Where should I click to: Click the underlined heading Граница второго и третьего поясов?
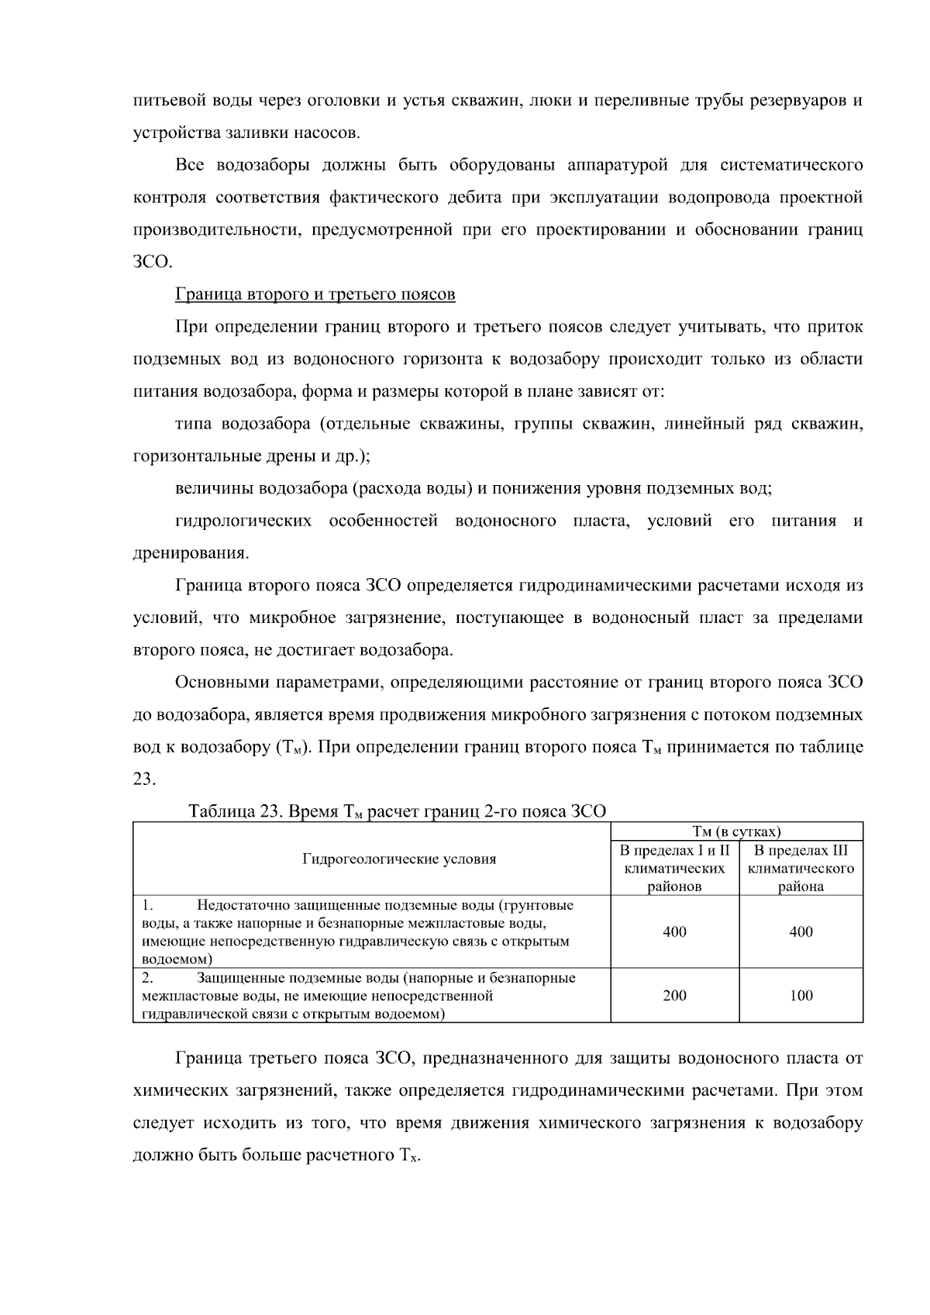click(x=315, y=294)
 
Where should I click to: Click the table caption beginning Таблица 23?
click(x=397, y=811)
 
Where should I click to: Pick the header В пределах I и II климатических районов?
click(x=674, y=868)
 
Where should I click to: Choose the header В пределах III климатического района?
click(x=801, y=868)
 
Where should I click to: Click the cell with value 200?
click(x=674, y=996)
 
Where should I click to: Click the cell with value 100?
click(x=801, y=996)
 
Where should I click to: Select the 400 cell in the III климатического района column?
click(x=801, y=931)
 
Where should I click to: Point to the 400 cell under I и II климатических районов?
click(x=674, y=931)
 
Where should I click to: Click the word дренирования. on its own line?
click(x=191, y=553)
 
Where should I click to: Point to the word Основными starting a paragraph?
click(x=218, y=683)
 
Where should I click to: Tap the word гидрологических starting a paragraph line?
click(x=243, y=521)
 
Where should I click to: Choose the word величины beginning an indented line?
click(x=215, y=489)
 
